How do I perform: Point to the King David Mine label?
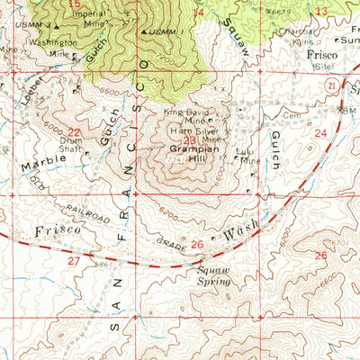pos(187,116)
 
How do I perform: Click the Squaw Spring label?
pos(214,274)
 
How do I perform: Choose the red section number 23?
pos(189,141)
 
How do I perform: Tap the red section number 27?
pos(73,259)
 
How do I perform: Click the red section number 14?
pos(198,12)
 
